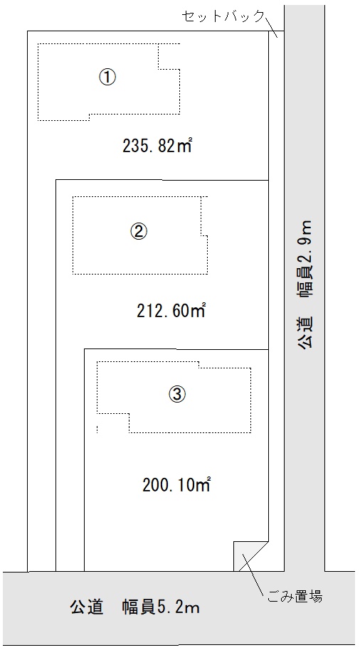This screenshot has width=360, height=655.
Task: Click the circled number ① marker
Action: tap(107, 78)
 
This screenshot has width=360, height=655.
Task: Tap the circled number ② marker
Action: tap(139, 230)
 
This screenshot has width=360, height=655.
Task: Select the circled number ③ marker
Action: tap(176, 393)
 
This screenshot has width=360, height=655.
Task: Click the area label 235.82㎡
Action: tap(158, 146)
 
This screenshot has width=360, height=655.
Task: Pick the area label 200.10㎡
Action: tap(176, 485)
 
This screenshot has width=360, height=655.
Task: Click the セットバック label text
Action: tap(223, 16)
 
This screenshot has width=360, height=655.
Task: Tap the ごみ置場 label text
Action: tap(295, 596)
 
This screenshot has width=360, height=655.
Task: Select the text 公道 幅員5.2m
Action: tap(134, 607)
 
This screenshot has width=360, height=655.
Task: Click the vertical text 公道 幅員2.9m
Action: tap(306, 284)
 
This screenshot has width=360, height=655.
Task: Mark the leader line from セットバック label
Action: tap(271, 26)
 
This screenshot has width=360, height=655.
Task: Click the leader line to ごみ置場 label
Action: tap(253, 575)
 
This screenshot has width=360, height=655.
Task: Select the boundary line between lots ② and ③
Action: tap(176, 349)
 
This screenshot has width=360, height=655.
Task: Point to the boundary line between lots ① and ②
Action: tap(162, 180)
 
